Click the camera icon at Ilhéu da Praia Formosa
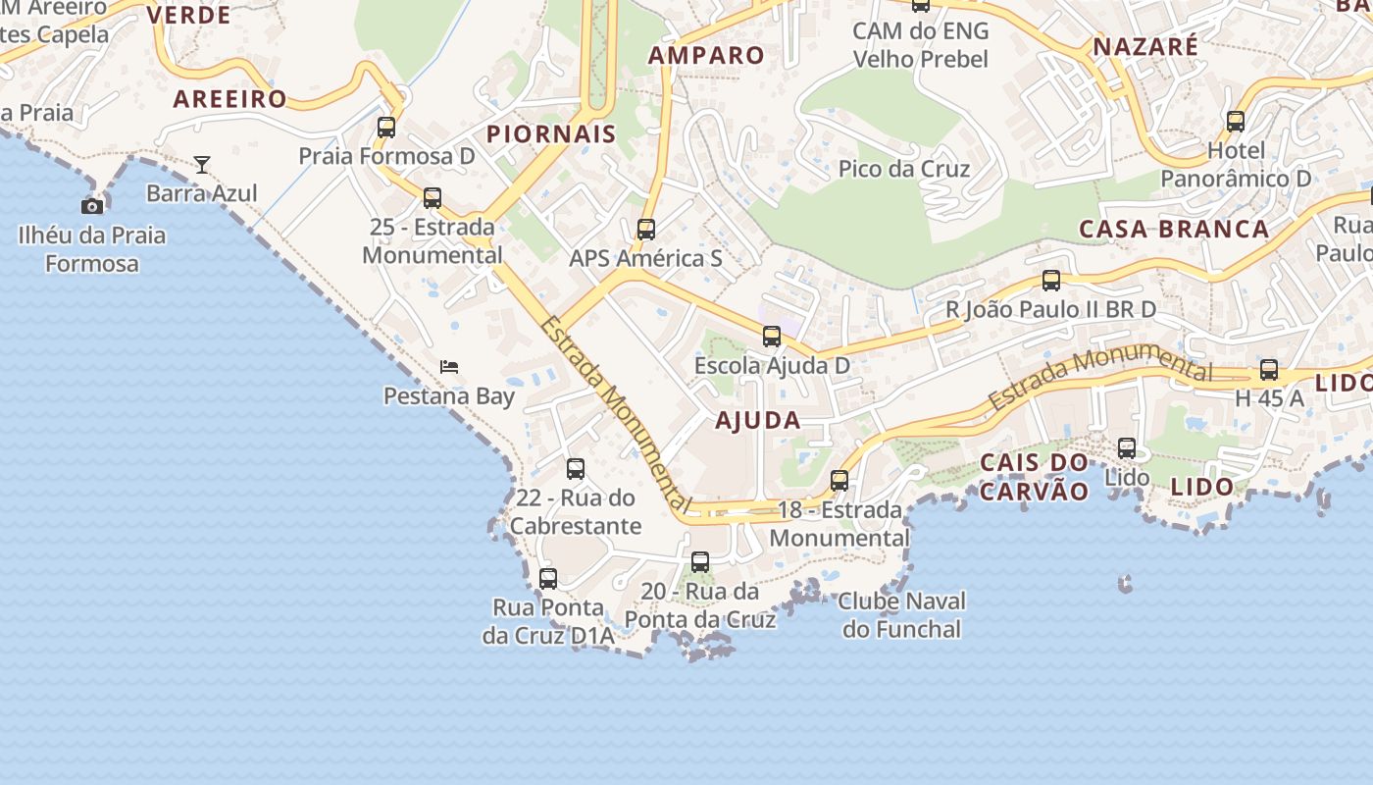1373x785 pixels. coord(92,206)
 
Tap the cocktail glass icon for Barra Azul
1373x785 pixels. coord(202,164)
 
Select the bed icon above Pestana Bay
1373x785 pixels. coord(449,367)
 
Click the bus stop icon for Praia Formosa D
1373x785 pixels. coord(386,127)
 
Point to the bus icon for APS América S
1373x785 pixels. coord(645,229)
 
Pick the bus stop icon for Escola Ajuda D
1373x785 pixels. coord(772,337)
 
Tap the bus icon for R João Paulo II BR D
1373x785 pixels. coord(1051,281)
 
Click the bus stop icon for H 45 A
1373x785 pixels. coord(1269,370)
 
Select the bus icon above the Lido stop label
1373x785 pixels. coord(1127,448)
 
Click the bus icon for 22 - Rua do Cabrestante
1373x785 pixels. coord(576,469)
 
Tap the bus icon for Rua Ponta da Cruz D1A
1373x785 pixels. coord(548,579)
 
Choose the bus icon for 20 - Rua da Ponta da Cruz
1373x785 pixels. coord(700,562)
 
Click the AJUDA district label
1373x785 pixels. coord(758,421)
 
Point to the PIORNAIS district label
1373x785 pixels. coord(551,134)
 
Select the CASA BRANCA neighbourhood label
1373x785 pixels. coord(1174,230)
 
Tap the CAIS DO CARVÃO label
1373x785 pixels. coord(1035,477)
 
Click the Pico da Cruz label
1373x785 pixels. coord(904,169)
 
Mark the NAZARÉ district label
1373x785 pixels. coord(1145,47)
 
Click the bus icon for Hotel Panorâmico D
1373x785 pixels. coord(1236,122)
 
